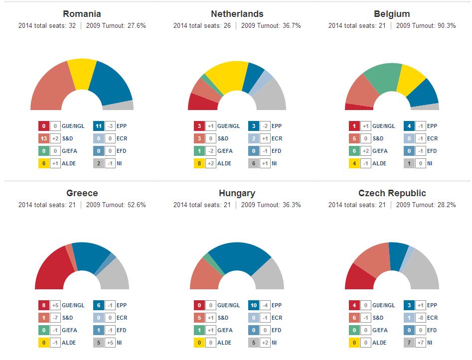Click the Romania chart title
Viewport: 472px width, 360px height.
tap(82, 14)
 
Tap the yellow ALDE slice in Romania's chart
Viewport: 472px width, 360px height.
tap(82, 74)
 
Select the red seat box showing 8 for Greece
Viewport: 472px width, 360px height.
tap(44, 305)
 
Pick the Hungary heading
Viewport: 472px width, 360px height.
tap(237, 193)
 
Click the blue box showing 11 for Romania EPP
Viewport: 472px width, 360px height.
tap(99, 126)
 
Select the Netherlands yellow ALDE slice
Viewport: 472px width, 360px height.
tap(227, 77)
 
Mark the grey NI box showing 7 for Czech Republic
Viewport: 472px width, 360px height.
tap(409, 343)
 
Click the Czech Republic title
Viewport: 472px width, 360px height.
tap(392, 193)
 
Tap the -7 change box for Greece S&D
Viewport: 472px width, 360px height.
tap(55, 318)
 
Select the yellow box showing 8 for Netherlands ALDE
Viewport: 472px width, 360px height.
tap(199, 163)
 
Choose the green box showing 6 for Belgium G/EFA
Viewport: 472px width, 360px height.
tap(354, 151)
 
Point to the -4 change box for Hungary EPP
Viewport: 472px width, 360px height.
tap(265, 305)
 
